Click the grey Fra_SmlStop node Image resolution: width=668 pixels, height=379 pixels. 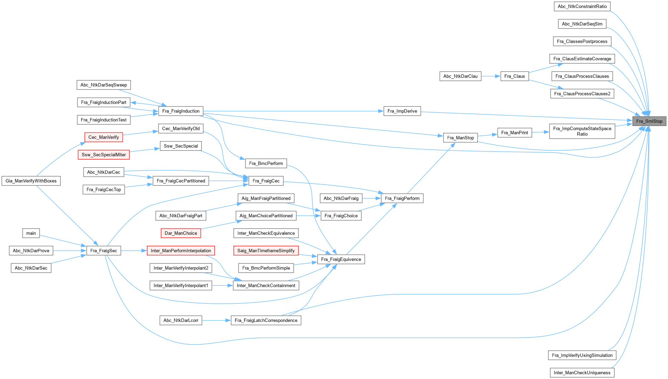(649, 121)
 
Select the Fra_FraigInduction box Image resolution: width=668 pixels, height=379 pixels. (181, 111)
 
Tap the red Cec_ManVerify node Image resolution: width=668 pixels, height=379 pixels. (103, 137)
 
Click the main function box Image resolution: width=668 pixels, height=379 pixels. (31, 233)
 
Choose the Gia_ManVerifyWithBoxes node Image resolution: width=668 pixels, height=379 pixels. (31, 181)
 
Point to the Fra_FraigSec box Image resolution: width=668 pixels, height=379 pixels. (103, 251)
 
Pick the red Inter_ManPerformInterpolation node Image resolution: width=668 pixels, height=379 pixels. (181, 251)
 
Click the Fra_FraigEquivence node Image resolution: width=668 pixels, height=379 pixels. (341, 259)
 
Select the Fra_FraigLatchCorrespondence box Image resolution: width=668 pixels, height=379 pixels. (266, 320)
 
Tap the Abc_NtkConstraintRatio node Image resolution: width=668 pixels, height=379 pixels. (582, 6)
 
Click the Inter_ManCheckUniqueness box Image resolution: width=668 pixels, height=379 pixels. (582, 372)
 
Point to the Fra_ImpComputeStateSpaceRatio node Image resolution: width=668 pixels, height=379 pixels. (582, 131)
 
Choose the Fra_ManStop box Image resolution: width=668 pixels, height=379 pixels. (460, 138)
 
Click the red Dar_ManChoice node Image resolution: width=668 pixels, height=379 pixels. (181, 233)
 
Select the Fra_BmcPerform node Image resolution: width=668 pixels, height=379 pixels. (266, 163)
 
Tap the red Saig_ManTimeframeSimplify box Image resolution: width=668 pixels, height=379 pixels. (266, 251)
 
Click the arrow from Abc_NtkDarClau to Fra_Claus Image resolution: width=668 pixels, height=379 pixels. (491, 76)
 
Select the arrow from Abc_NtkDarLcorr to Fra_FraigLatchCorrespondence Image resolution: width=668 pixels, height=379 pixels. (216, 320)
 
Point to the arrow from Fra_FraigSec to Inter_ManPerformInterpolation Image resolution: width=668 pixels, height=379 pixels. (134, 251)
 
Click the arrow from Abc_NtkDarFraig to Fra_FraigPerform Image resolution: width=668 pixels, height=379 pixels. (372, 198)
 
